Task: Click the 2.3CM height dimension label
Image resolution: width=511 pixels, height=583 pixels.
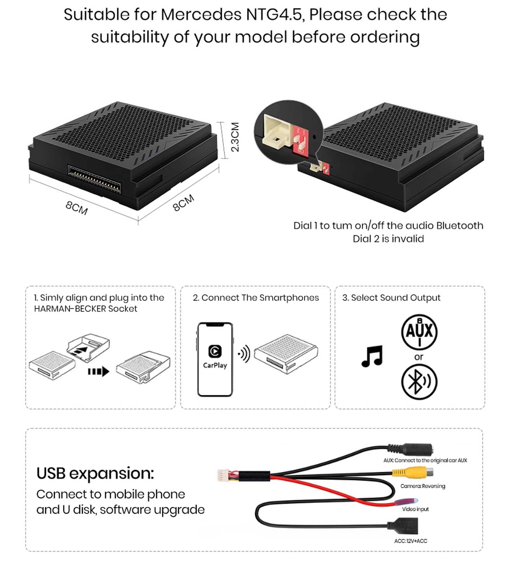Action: pos(235,137)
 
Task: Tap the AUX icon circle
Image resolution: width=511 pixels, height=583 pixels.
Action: pos(419,332)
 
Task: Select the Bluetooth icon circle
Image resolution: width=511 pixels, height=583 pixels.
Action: pos(419,382)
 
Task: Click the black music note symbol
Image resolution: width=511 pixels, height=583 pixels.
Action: pos(372,356)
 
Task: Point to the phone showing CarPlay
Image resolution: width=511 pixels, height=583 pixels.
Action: pos(215,360)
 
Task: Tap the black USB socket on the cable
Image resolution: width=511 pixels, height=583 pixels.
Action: pos(403,526)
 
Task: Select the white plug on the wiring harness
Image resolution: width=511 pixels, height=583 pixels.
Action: pos(223,475)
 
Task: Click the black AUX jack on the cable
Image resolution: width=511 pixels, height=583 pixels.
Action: pos(410,449)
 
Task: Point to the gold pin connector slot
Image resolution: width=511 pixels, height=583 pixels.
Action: pos(94,179)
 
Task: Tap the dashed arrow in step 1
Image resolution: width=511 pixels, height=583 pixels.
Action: pos(98,372)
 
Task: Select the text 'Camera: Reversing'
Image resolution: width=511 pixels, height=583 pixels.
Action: pos(423,486)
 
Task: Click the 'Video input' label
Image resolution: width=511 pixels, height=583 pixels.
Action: pos(415,509)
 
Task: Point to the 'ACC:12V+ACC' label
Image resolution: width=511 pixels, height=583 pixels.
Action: pos(411,541)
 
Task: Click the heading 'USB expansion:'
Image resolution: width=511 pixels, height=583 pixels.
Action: pos(95,473)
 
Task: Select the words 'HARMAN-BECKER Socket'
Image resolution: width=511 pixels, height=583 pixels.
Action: pos(86,309)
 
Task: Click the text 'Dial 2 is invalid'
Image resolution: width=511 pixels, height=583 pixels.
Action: pos(388,239)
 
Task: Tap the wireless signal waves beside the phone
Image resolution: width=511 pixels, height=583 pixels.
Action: pos(244,354)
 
